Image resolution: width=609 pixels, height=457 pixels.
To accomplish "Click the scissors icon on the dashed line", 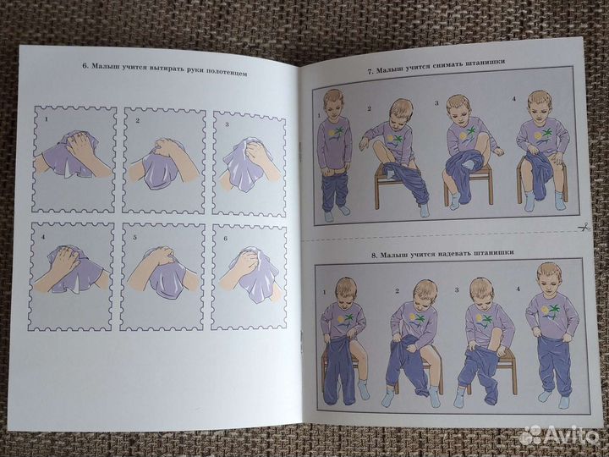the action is click(x=584, y=227).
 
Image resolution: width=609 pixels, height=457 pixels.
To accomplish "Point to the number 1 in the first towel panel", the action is click(x=47, y=119).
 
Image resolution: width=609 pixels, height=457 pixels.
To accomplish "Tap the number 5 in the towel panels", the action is click(x=135, y=237).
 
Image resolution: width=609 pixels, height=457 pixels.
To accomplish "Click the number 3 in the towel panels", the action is click(x=227, y=124).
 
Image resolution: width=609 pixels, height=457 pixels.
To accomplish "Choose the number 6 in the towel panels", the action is click(x=225, y=239).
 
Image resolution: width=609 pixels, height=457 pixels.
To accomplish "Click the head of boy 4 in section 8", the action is click(x=549, y=277).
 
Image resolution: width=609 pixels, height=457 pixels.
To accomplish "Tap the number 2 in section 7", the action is click(x=369, y=109).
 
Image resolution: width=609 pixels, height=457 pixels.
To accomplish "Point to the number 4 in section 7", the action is click(x=513, y=99).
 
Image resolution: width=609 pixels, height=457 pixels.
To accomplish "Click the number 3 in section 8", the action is click(x=457, y=290).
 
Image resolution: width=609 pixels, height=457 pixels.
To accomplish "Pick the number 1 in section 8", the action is click(x=324, y=292).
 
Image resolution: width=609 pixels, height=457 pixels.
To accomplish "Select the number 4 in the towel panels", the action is click(x=43, y=236).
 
